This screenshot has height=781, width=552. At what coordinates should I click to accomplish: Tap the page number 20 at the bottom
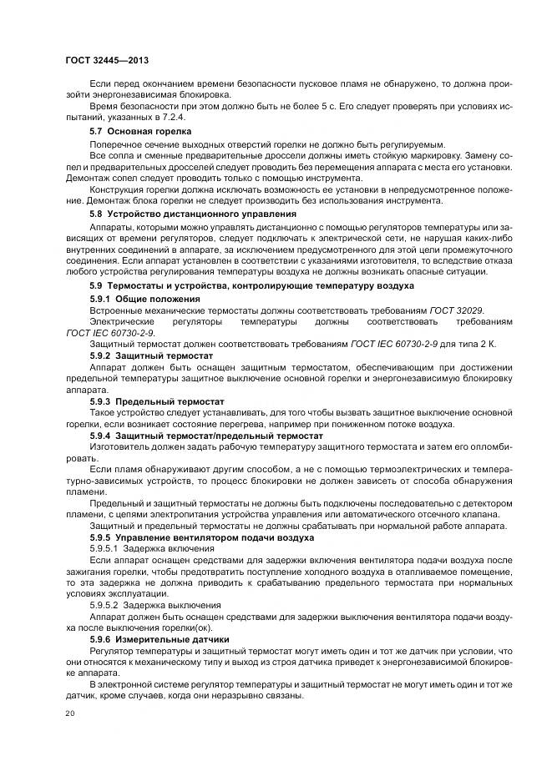(69, 715)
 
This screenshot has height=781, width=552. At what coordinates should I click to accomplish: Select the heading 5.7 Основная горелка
(140, 132)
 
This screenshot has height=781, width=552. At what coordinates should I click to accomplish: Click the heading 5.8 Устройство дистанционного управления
(193, 214)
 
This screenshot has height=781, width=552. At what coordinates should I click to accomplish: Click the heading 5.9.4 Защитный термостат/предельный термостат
(205, 436)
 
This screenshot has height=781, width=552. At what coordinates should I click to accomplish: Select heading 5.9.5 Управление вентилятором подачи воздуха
(202, 538)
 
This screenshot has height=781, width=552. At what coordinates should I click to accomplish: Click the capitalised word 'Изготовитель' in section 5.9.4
(119, 447)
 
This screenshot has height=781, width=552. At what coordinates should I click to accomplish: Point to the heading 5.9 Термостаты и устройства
(251, 286)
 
